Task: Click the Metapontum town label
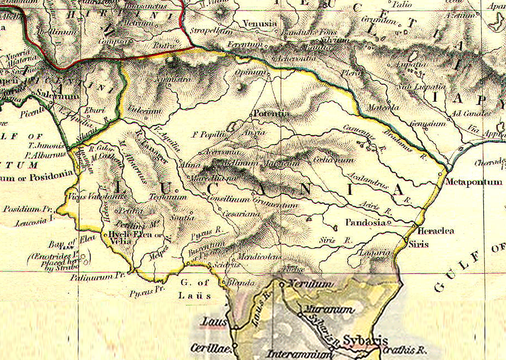[x=474, y=182]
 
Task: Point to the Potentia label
[x=271, y=114]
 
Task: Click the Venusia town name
[x=259, y=24]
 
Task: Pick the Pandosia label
[x=365, y=222]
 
